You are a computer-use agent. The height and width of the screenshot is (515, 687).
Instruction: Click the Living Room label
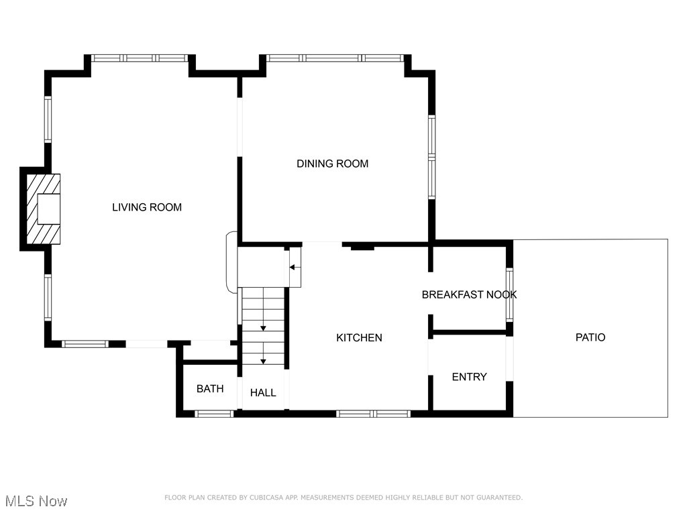146,207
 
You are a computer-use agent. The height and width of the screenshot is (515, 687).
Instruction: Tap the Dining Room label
332,164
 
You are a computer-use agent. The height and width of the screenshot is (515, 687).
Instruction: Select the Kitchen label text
359,338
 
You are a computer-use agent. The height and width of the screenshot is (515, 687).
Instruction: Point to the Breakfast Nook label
469,294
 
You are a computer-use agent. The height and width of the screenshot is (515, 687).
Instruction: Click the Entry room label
469,377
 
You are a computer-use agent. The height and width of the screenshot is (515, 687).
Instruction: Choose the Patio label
590,337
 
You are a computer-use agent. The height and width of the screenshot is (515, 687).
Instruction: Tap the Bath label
210,389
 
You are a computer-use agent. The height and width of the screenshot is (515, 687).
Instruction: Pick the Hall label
263,393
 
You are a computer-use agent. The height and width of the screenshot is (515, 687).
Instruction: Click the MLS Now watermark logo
36,501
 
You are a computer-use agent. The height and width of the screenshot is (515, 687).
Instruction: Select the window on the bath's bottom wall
214,414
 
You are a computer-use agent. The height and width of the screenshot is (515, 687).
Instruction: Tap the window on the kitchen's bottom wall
373,414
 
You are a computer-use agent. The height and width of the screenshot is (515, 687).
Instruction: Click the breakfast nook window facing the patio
509,294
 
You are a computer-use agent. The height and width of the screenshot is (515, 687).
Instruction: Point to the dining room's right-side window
431,157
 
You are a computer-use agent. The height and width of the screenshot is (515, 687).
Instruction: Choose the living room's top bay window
140,58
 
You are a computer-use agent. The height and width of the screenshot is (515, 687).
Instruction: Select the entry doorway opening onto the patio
509,358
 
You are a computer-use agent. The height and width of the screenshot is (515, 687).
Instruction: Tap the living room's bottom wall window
85,344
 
